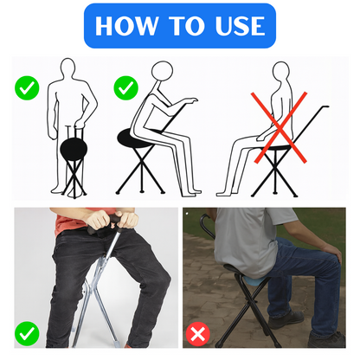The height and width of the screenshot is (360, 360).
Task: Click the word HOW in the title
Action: click(x=127, y=26)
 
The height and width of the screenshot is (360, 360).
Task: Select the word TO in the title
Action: click(x=187, y=26)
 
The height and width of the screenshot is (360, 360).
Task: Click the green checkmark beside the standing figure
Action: click(x=27, y=87)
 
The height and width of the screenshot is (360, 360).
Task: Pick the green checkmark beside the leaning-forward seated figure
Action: click(x=125, y=87)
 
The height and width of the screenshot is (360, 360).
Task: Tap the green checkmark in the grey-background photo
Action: click(x=27, y=333)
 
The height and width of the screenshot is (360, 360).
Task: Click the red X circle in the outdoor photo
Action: click(x=198, y=334)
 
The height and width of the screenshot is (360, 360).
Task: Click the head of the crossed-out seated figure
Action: click(x=281, y=71)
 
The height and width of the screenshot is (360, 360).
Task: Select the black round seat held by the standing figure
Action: click(x=74, y=148)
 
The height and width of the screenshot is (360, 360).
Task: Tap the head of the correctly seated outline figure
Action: click(x=162, y=71)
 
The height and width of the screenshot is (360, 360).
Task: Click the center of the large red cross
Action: click(x=280, y=127)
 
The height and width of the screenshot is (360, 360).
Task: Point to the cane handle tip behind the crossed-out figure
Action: click(x=328, y=106)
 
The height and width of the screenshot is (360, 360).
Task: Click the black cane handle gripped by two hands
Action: click(x=104, y=223)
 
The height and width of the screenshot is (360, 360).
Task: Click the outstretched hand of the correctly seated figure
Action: click(x=191, y=100)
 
